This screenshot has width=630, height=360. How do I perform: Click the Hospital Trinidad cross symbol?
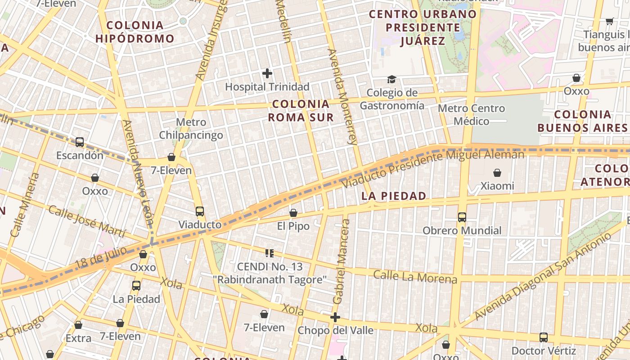267,73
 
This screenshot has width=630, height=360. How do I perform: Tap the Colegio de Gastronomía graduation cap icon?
391,80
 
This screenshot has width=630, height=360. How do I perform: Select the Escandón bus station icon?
80,142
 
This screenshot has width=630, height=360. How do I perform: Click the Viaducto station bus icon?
200,211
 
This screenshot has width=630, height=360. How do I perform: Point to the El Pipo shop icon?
293,213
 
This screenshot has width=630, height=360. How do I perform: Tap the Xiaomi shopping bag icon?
497,173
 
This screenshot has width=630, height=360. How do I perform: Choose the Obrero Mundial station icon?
462,217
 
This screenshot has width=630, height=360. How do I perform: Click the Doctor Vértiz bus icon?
544,337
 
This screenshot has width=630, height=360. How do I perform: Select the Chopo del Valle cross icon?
335,317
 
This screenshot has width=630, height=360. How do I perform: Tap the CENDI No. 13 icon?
270,253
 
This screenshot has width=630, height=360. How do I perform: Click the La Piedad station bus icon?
136,285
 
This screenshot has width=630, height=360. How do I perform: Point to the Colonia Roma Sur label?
301,111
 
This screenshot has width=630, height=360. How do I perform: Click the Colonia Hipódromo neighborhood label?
135,32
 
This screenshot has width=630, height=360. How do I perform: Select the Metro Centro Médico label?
471,115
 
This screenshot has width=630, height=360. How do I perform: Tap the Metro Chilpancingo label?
191,129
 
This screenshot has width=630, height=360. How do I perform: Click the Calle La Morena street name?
415,277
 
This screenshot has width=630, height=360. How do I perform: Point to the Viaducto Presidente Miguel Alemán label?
433,169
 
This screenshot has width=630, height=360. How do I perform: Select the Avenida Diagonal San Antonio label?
543,275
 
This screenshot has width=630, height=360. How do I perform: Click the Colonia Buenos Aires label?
582,121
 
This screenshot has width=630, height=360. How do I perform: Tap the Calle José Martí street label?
87,221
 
